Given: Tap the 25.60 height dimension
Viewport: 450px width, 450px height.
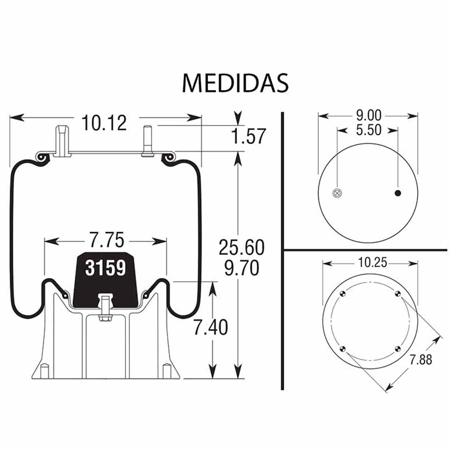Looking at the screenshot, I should coord(242,248).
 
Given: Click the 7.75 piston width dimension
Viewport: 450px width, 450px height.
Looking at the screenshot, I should coord(106,241).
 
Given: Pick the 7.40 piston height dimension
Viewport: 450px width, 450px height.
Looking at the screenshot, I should coord(211,328).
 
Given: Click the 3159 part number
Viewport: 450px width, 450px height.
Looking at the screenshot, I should coord(105,268).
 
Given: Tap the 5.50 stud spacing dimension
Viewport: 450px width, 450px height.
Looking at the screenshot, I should coord(368,130).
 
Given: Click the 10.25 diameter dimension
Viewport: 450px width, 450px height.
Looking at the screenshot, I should coord(370,262).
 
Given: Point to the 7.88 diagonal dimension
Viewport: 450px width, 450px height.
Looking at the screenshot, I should coord(420,359).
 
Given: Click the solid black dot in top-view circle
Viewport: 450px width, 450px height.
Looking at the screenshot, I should coord(398,192).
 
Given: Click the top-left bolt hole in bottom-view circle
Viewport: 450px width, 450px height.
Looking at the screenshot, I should coord(342,293).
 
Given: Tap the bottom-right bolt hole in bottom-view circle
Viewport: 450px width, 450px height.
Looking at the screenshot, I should coord(397,349).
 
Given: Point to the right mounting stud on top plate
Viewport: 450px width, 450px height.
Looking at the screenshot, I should coord(147,141).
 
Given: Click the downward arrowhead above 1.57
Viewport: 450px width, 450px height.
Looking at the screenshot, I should coord(238,118).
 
